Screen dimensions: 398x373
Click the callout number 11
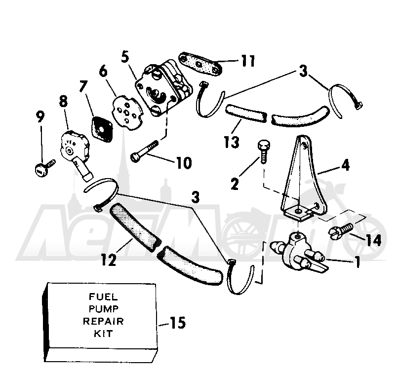(247, 61)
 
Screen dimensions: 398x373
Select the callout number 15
(177, 323)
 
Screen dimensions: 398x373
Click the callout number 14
(373, 240)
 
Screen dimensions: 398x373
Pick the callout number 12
(108, 260)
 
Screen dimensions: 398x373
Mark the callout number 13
(232, 142)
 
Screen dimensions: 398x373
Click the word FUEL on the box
(103, 297)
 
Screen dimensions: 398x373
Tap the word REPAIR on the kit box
(103, 321)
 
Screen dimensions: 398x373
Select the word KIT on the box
(103, 334)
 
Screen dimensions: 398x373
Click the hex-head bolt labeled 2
(264, 152)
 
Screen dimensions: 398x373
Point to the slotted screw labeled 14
(341, 230)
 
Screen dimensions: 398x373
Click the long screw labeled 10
(144, 151)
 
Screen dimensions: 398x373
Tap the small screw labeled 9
(44, 167)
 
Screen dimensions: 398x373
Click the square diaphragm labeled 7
(101, 129)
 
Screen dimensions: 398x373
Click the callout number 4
(345, 165)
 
